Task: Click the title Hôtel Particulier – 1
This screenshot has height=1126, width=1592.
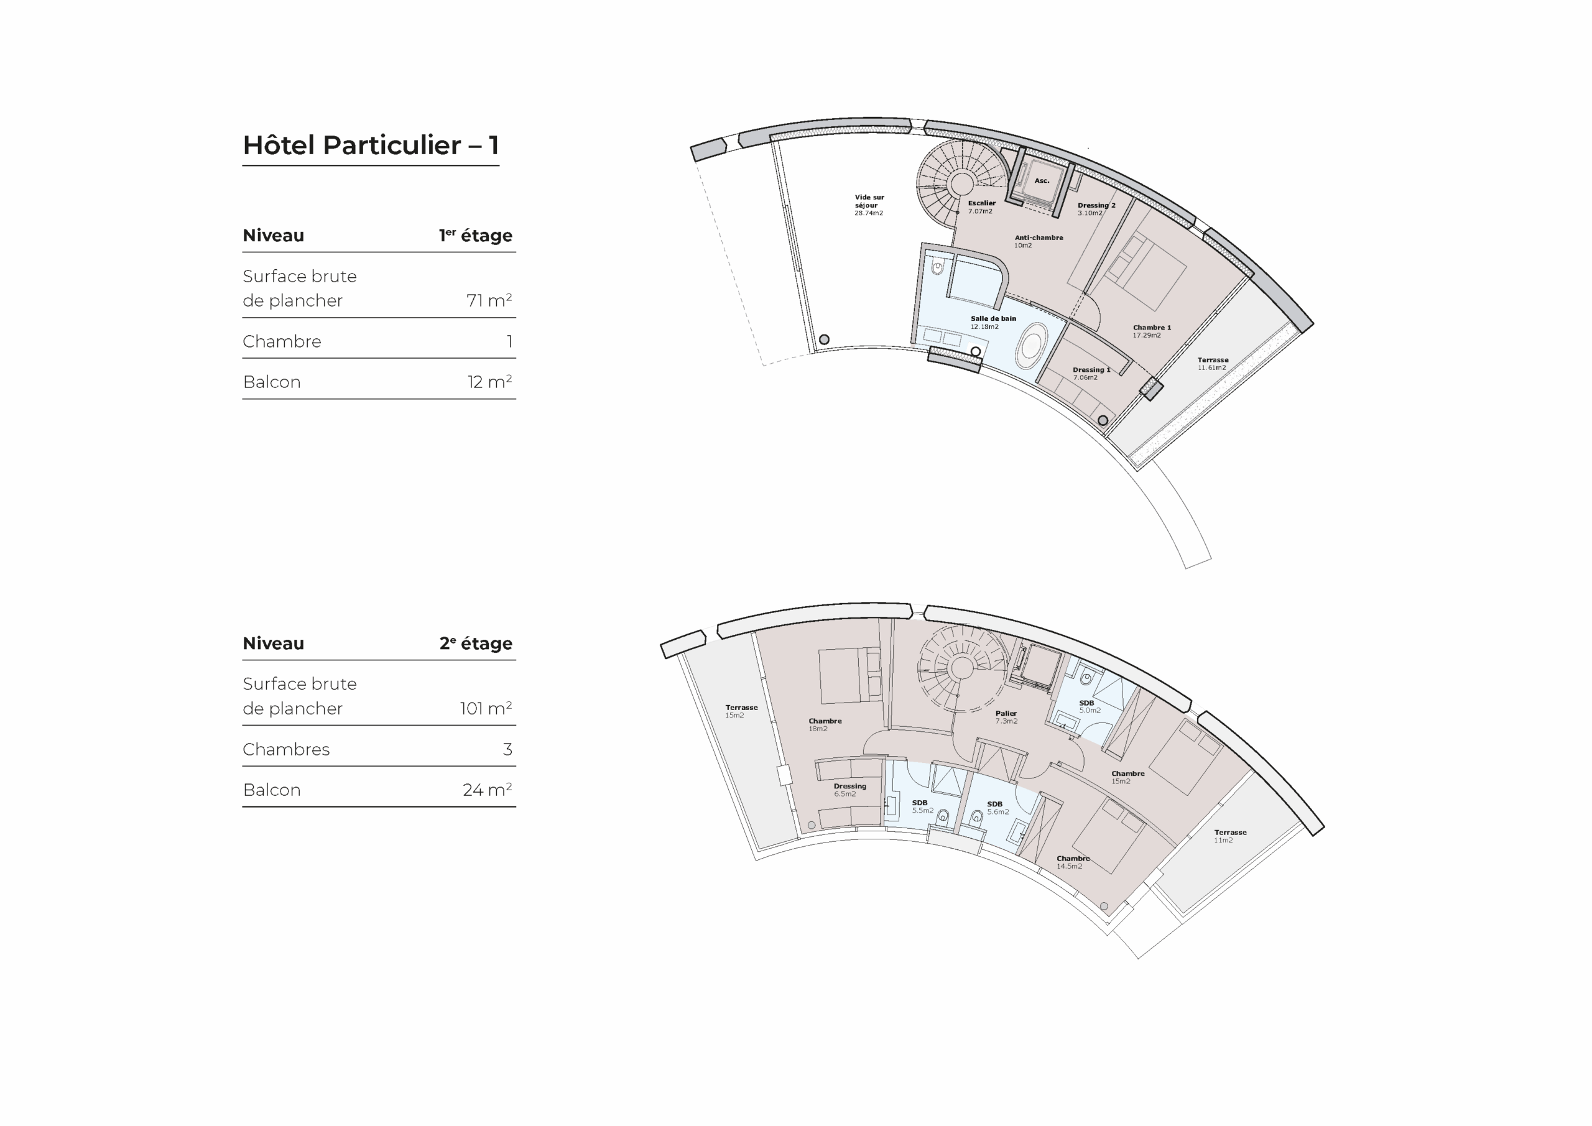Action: [x=371, y=145]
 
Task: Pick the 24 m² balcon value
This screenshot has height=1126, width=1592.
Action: [x=488, y=790]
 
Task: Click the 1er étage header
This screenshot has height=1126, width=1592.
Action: [x=476, y=235]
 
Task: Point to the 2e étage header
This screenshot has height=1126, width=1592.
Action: [x=476, y=643]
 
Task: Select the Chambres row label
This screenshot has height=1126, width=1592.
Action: [x=286, y=749]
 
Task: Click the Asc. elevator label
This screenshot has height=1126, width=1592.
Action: [x=1042, y=181]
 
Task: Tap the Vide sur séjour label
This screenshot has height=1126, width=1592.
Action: [x=869, y=205]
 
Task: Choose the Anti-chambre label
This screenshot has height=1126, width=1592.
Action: [x=1039, y=241]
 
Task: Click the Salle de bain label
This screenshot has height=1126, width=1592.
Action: [x=993, y=323]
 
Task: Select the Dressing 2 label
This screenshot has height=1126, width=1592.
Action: [x=1096, y=210]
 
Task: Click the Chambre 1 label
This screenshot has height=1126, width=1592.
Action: [x=1152, y=331]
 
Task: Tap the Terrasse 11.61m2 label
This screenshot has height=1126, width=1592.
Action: [x=1213, y=364]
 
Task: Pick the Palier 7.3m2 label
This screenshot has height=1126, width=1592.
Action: [x=1006, y=717]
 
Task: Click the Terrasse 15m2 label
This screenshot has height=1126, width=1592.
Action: [x=741, y=711]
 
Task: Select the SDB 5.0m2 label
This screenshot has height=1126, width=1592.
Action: [x=1090, y=706]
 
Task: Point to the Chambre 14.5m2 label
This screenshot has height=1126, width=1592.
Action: [x=1073, y=862]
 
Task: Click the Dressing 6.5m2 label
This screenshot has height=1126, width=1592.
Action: [x=849, y=790]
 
